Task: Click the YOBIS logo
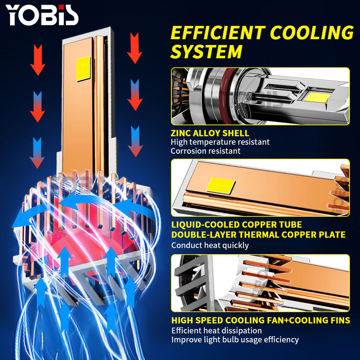[42, 15]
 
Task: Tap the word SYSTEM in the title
[206, 52]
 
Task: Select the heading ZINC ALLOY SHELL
[210, 133]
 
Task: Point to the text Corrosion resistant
[205, 151]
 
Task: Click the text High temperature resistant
[220, 142]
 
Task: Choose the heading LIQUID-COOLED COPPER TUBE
[236, 225]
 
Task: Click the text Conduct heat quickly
[210, 245]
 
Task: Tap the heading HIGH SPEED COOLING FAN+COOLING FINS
[261, 321]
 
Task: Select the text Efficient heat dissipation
[216, 331]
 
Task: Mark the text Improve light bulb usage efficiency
[235, 340]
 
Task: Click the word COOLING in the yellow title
[311, 33]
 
